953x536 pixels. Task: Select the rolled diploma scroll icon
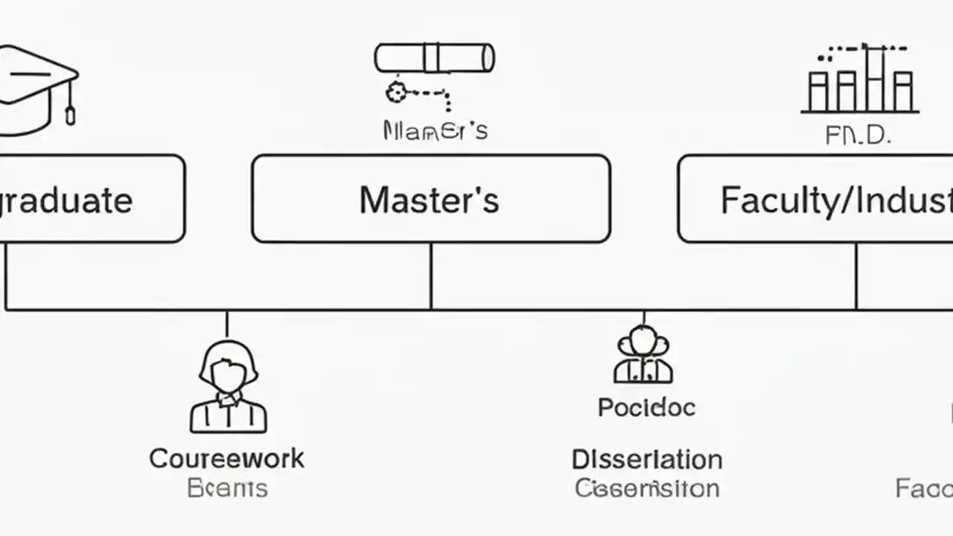tap(434, 58)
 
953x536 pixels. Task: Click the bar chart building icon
tap(860, 80)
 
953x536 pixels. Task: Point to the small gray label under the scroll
tap(435, 130)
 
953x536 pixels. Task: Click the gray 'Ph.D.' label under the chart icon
tap(858, 135)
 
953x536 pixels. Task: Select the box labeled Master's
tap(430, 199)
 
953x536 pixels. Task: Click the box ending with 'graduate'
tap(89, 199)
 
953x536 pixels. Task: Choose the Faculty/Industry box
tap(815, 199)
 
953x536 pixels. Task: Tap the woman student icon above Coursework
tap(229, 387)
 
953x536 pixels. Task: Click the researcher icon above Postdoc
tap(644, 355)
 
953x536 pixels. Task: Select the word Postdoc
tap(646, 407)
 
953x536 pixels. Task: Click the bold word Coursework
tap(226, 458)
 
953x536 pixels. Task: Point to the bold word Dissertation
tap(646, 459)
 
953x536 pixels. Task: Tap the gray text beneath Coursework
tap(226, 488)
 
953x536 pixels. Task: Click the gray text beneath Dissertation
tap(646, 488)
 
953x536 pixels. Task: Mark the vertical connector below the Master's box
tap(431, 275)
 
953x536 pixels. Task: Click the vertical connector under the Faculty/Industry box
tap(856, 275)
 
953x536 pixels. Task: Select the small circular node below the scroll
tap(395, 93)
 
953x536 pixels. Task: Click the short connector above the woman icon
tap(226, 324)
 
